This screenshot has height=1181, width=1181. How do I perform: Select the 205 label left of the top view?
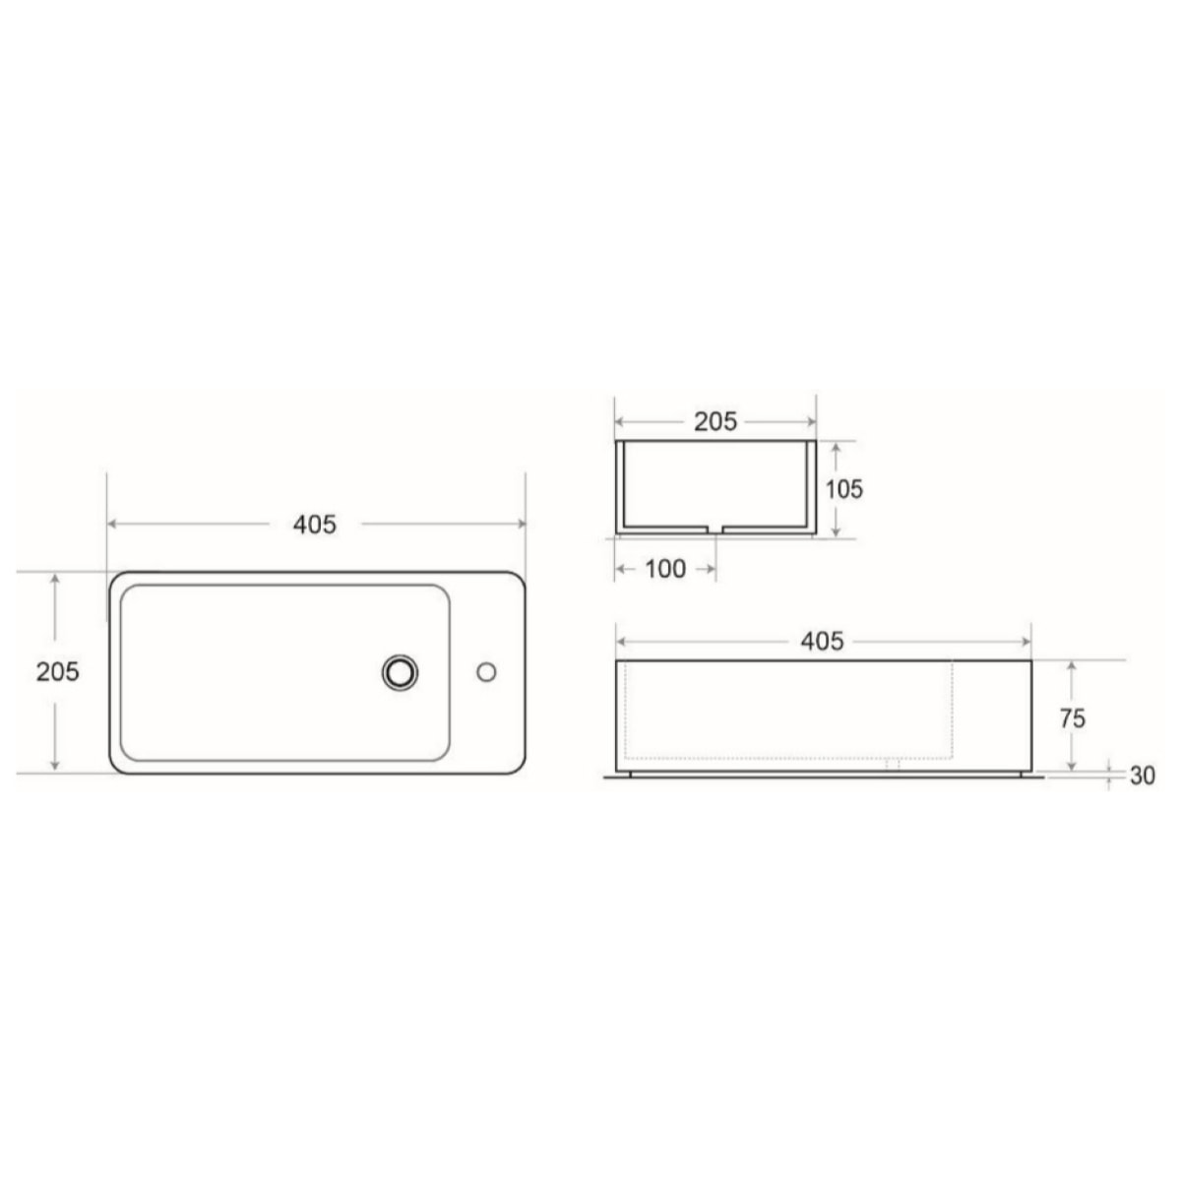pyautogui.click(x=58, y=671)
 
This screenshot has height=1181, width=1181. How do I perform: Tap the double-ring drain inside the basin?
pyautogui.click(x=400, y=672)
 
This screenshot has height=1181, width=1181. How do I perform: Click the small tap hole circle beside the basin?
pyautogui.click(x=485, y=672)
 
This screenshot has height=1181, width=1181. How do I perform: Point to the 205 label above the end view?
pyautogui.click(x=715, y=421)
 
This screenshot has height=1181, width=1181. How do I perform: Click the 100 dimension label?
pyautogui.click(x=666, y=569)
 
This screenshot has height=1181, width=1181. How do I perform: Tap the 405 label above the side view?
pyautogui.click(x=823, y=642)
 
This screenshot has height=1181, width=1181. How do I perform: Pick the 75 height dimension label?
pyautogui.click(x=1073, y=718)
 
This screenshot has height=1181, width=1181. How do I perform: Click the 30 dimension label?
pyautogui.click(x=1142, y=776)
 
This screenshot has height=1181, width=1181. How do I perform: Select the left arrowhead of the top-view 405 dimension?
pyautogui.click(x=112, y=525)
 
